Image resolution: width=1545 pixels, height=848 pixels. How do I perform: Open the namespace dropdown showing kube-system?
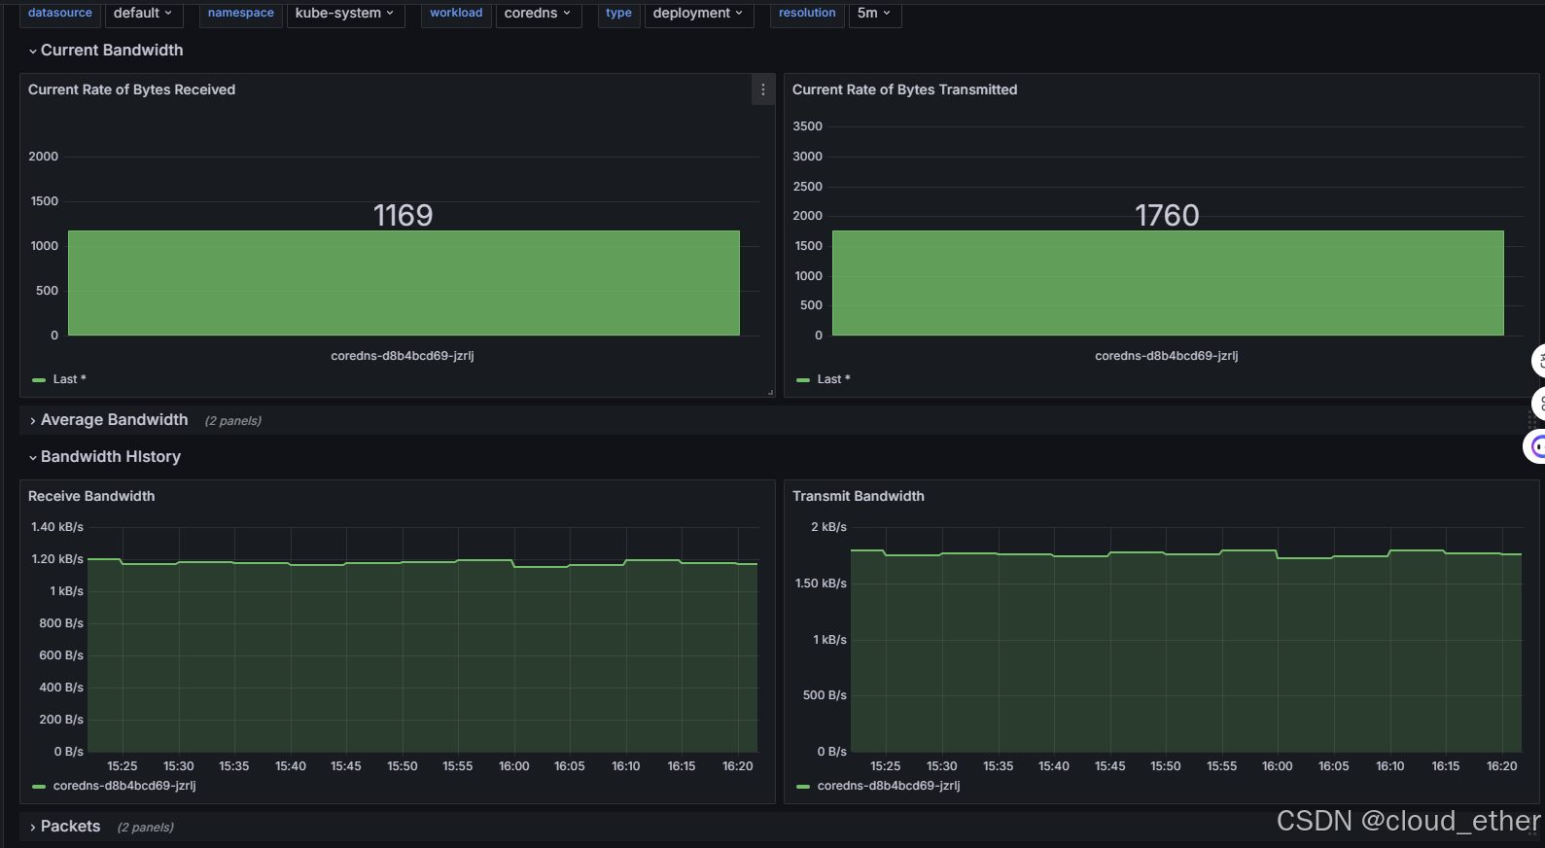[x=344, y=14]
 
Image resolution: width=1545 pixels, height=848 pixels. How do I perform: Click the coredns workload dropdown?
[x=538, y=14]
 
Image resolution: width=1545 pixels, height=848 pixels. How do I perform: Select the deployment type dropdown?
[x=698, y=14]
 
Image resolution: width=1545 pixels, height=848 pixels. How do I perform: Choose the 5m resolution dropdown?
[x=874, y=14]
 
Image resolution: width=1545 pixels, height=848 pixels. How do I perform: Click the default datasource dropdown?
[x=143, y=14]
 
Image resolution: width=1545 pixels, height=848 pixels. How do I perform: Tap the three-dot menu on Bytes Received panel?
[x=763, y=89]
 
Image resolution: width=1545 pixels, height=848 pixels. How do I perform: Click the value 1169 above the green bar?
[x=403, y=215]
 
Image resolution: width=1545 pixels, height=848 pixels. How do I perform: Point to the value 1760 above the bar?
[x=1167, y=215]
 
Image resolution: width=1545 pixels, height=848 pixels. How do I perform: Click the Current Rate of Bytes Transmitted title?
[x=904, y=89]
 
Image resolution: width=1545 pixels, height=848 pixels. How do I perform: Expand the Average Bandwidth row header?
[x=114, y=420]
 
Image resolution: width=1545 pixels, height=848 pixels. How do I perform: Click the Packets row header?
[x=70, y=827]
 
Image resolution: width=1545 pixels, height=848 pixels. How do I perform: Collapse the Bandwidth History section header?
[x=110, y=457]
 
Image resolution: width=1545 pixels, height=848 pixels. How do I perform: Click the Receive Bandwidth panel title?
[x=91, y=496]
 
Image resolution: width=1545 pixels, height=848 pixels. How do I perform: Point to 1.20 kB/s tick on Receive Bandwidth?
[x=57, y=559]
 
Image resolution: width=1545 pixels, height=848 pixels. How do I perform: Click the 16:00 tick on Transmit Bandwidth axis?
[x=1278, y=766]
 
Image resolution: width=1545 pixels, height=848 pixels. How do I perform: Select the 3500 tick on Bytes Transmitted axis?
[x=807, y=126]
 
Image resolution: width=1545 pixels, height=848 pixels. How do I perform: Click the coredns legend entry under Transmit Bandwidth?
[x=888, y=786]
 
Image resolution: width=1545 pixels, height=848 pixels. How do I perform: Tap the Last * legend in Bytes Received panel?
[x=69, y=379]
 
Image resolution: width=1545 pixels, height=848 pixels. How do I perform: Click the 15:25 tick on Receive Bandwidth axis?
[x=123, y=766]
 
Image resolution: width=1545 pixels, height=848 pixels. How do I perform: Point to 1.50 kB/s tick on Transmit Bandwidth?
[x=821, y=583]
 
